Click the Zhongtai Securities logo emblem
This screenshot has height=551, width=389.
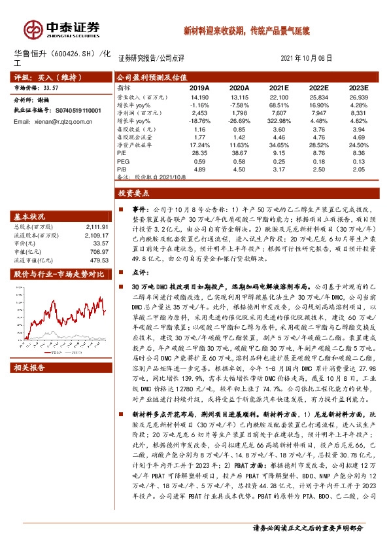pos(33,29)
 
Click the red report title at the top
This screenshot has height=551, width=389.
pos(246,30)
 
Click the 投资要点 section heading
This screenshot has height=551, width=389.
pos(135,193)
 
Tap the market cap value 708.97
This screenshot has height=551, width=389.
pos(99,251)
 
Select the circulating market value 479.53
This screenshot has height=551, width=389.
pos(99,259)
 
